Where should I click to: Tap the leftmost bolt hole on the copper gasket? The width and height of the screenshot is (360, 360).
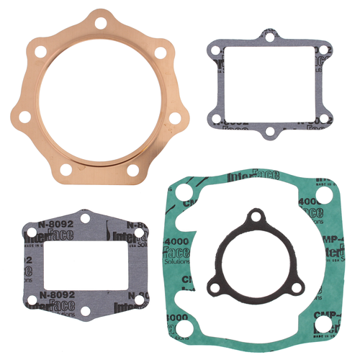tap(24, 115)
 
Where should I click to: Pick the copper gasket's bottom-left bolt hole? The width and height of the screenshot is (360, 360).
tap(66, 170)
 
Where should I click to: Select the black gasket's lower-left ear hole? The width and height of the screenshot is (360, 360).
tap(214, 282)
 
